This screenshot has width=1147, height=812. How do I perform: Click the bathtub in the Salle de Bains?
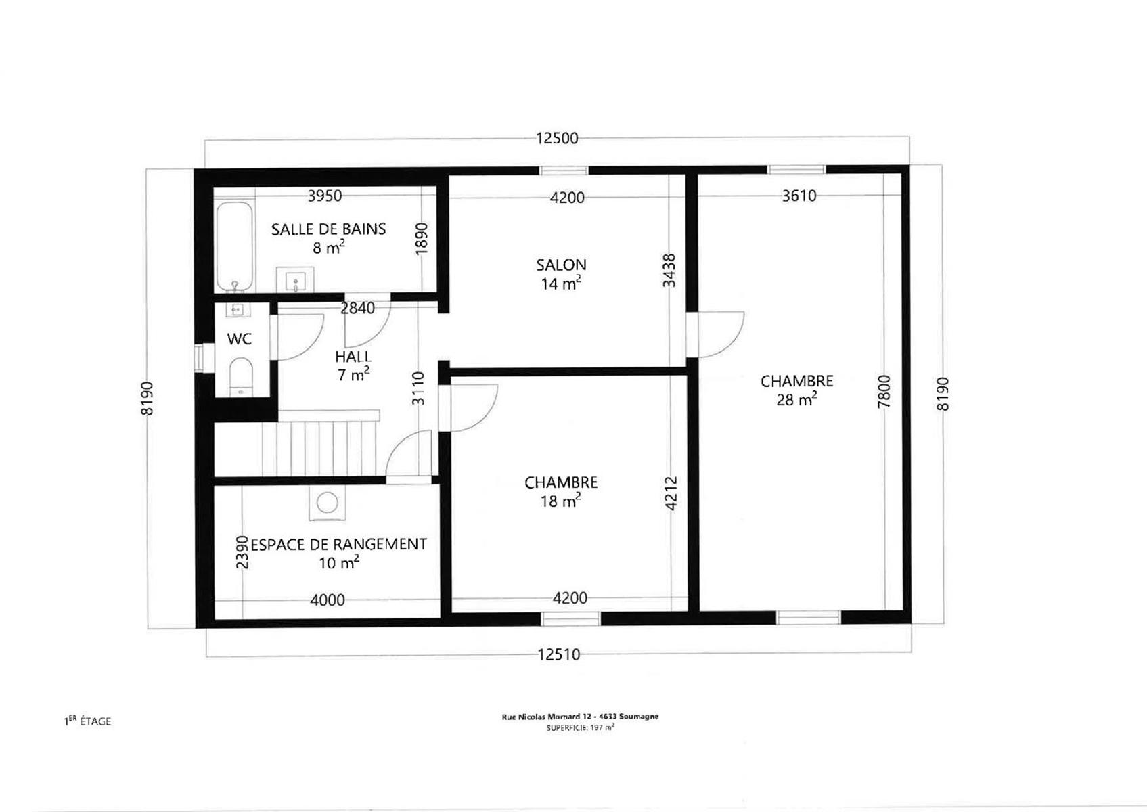pyautogui.click(x=235, y=247)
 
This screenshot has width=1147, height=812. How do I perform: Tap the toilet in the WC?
pyautogui.click(x=241, y=376)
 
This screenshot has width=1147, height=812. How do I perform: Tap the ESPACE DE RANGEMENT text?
pyautogui.click(x=339, y=544)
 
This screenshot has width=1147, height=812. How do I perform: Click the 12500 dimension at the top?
pyautogui.click(x=557, y=138)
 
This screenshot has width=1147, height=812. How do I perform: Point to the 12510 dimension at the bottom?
pyautogui.click(x=559, y=654)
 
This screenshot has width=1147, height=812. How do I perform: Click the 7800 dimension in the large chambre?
pyautogui.click(x=884, y=392)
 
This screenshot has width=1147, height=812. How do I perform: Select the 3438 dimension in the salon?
pyautogui.click(x=669, y=270)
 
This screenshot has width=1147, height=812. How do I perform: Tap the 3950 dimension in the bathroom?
pyautogui.click(x=325, y=196)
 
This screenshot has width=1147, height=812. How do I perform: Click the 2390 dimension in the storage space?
pyautogui.click(x=242, y=552)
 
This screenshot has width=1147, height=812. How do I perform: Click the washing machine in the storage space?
pyautogui.click(x=328, y=502)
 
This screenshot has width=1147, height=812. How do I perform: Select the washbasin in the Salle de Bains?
pyautogui.click(x=295, y=279)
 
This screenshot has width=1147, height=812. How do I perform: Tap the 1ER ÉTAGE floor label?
pyautogui.click(x=87, y=721)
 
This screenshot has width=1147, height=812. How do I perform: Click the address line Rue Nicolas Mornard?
pyautogui.click(x=580, y=717)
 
